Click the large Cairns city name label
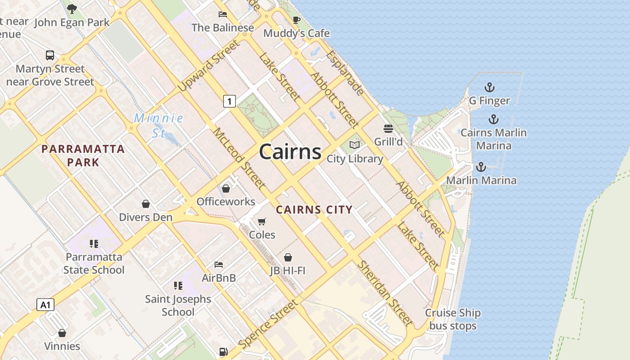pyautogui.click(x=290, y=152)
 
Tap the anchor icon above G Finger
pyautogui.click(x=489, y=87)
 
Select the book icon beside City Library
pyautogui.click(x=355, y=145)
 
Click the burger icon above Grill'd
pyautogui.click(x=388, y=129)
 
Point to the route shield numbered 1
pyautogui.click(x=229, y=101)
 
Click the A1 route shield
pyautogui.click(x=45, y=305)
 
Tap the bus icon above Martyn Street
pyautogui.click(x=50, y=55)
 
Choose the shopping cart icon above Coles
pyautogui.click(x=262, y=221)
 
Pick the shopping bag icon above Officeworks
pyautogui.click(x=226, y=188)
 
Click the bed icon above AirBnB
pyautogui.click(x=219, y=264)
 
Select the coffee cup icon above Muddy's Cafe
pyautogui.click(x=296, y=20)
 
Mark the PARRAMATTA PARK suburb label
pyautogui.click(x=83, y=155)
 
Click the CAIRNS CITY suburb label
pyautogui.click(x=314, y=210)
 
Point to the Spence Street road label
pyautogui.click(x=268, y=324)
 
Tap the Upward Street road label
pyautogui.click(x=208, y=66)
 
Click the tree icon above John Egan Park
pyautogui.click(x=72, y=9)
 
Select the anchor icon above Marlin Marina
pyautogui.click(x=481, y=167)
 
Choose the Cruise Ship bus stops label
pyautogui.click(x=453, y=319)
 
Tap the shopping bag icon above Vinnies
pyautogui.click(x=62, y=333)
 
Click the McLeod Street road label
pyautogui.click(x=238, y=157)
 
